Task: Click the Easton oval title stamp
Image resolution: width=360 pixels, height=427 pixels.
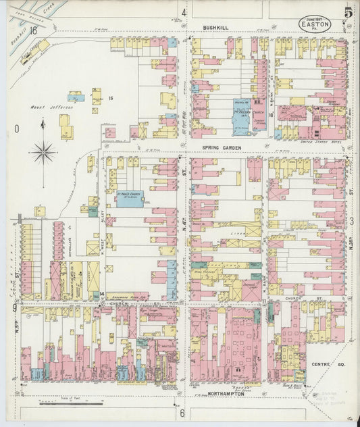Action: point(315,22)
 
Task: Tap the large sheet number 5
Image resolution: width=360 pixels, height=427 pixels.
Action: point(346,12)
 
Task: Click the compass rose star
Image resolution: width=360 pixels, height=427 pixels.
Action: point(43,151)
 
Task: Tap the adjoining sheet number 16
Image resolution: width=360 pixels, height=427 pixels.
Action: point(33,30)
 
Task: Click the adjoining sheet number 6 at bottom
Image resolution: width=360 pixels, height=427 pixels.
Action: point(182,413)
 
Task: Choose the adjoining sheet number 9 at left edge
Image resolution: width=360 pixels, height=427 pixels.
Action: point(14,308)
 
